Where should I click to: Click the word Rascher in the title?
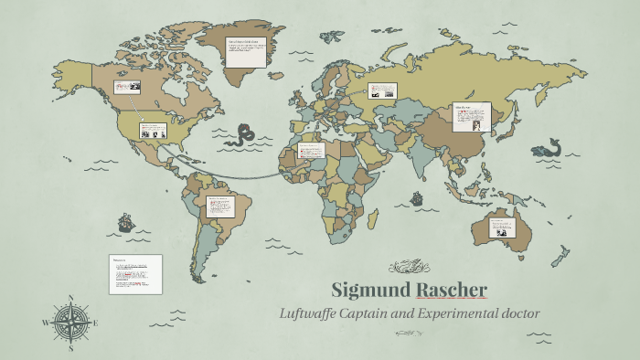[451, 291]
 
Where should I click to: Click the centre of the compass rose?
[70, 323]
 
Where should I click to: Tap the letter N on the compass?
[70, 297]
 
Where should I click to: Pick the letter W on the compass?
[44, 323]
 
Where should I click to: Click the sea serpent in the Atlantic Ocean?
[244, 135]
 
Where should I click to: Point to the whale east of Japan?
[550, 147]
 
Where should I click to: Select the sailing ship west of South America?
[124, 222]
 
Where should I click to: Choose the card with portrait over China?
[473, 116]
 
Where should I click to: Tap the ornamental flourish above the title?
[405, 267]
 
